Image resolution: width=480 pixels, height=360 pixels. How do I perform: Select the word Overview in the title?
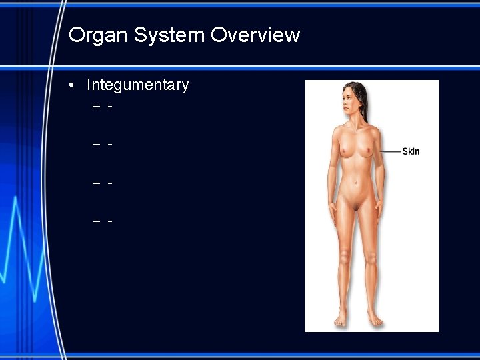(x=255, y=35)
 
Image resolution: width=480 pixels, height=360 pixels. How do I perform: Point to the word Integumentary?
(x=138, y=85)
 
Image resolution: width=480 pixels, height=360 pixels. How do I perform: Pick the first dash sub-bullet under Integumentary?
(x=97, y=107)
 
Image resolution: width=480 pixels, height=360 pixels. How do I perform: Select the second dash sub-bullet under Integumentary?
(x=97, y=144)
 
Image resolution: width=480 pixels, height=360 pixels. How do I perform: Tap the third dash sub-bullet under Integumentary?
(x=97, y=181)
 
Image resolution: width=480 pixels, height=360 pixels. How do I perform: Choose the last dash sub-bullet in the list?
(x=97, y=219)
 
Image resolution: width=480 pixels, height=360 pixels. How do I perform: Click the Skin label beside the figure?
(x=411, y=151)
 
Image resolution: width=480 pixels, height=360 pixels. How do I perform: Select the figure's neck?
(x=354, y=120)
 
